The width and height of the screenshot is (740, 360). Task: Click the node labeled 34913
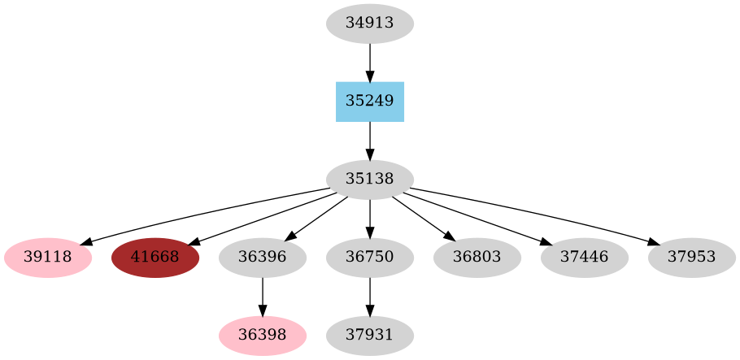click(x=370, y=24)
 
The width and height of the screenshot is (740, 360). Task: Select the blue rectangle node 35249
click(x=370, y=102)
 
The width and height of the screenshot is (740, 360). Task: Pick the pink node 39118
click(x=48, y=258)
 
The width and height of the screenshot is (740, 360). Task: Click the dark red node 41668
click(x=155, y=258)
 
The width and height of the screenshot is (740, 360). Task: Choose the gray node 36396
click(x=263, y=258)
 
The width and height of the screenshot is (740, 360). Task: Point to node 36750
click(x=370, y=258)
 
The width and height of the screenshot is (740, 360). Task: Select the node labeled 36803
click(x=477, y=258)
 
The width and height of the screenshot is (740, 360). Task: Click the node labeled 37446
click(x=585, y=258)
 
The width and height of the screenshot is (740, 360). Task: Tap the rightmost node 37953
click(x=692, y=258)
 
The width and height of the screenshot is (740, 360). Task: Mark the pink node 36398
click(x=263, y=336)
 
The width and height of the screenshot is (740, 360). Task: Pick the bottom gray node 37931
click(x=370, y=336)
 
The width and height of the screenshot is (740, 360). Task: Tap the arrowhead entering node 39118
click(x=85, y=241)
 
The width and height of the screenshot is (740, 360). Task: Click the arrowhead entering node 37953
click(x=655, y=241)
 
